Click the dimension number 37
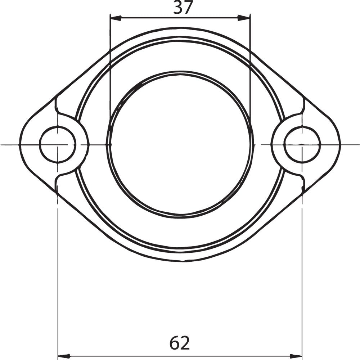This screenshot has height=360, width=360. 183,8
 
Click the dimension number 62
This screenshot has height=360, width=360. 180,343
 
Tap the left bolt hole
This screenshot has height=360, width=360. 58,144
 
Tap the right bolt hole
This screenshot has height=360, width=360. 302,144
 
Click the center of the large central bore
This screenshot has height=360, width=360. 180,144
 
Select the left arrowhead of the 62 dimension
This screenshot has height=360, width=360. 63,354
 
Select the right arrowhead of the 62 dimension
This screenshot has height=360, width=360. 297,354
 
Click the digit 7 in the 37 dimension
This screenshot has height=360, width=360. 188,8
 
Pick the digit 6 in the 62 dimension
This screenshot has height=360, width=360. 175,343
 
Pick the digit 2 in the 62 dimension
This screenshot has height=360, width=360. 185,343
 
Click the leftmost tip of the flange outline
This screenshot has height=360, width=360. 20,144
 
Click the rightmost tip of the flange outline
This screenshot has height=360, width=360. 340,144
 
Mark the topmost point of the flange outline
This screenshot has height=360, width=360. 180,28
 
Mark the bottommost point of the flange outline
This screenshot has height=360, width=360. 180,261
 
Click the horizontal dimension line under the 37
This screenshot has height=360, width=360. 180,17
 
